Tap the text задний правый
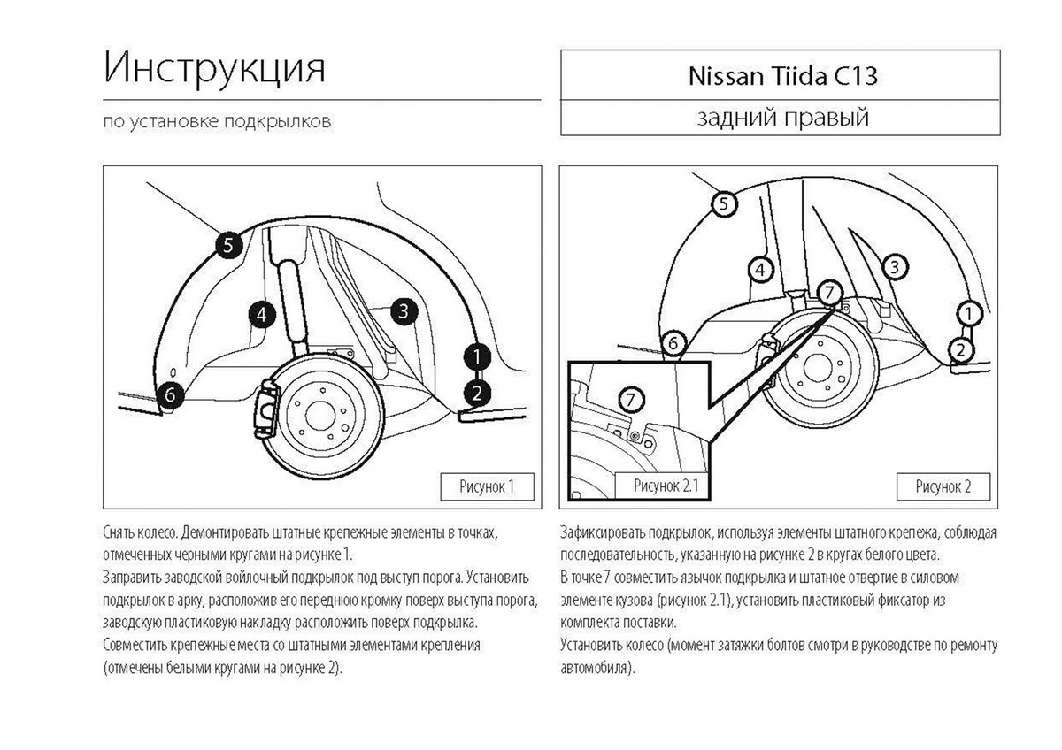pos(782,118)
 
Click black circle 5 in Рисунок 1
pos(227,245)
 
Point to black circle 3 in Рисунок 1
pos(403,310)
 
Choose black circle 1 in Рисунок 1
pos(477,356)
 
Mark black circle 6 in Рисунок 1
pos(171,395)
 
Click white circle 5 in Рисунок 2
pos(723,204)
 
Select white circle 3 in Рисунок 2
pos(894,265)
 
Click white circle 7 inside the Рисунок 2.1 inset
pos(629,399)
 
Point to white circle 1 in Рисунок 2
pos(969,312)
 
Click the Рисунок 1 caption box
pos(487,486)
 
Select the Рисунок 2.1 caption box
pos(666,486)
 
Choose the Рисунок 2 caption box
pos(943,486)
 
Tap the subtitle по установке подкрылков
pos(217,121)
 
